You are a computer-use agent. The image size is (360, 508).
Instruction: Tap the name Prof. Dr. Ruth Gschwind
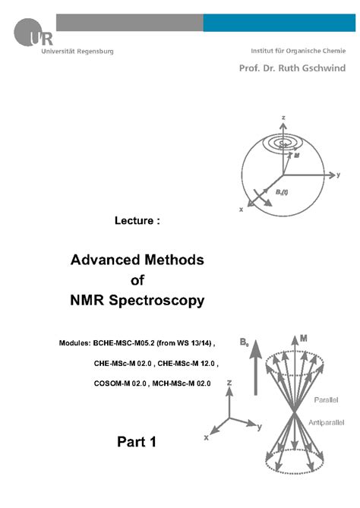click(x=288, y=67)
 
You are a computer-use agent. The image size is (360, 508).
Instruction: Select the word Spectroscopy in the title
click(x=166, y=300)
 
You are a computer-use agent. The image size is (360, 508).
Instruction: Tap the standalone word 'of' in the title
click(x=137, y=279)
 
